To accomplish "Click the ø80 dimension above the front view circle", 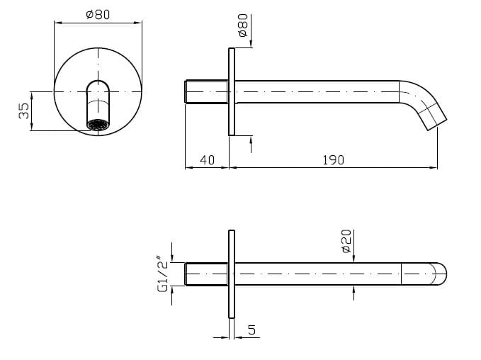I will tap(98, 14).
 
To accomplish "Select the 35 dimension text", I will tap(24, 111).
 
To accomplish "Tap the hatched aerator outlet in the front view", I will tap(98, 125).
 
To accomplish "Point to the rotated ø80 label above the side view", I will tap(243, 28).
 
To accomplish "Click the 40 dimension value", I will tap(207, 160).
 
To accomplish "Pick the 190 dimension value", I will tap(332, 160).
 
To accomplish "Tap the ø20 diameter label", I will tap(346, 241).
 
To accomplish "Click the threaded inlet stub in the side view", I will tap(206, 92).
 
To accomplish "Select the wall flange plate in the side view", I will tap(231, 92).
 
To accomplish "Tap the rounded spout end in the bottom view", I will tap(439, 274).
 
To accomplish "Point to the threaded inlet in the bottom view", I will tap(206, 274).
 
